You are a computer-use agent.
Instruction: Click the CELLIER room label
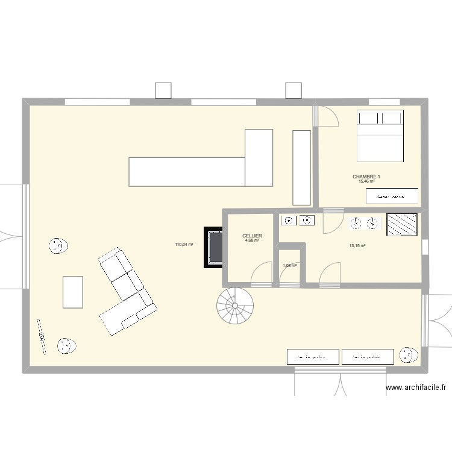[x=252, y=236]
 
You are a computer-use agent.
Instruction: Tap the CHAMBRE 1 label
[x=366, y=177]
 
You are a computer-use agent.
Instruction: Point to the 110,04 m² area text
[x=184, y=245]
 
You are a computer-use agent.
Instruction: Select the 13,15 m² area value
[x=358, y=245]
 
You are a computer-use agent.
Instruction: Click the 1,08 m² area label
[x=290, y=265]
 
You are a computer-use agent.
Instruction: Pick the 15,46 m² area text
[x=366, y=181]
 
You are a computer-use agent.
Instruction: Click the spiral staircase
[x=236, y=306]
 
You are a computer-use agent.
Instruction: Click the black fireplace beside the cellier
[x=213, y=246]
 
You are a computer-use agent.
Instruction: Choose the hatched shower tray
[x=402, y=225]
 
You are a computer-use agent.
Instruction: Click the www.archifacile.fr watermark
[x=415, y=389]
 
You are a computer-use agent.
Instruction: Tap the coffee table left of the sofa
[x=72, y=292]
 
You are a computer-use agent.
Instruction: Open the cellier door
[x=261, y=274]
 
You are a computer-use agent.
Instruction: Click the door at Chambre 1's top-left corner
[x=328, y=116]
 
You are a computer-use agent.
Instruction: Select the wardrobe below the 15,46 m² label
[x=392, y=196]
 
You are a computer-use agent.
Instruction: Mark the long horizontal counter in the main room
[x=187, y=171]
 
